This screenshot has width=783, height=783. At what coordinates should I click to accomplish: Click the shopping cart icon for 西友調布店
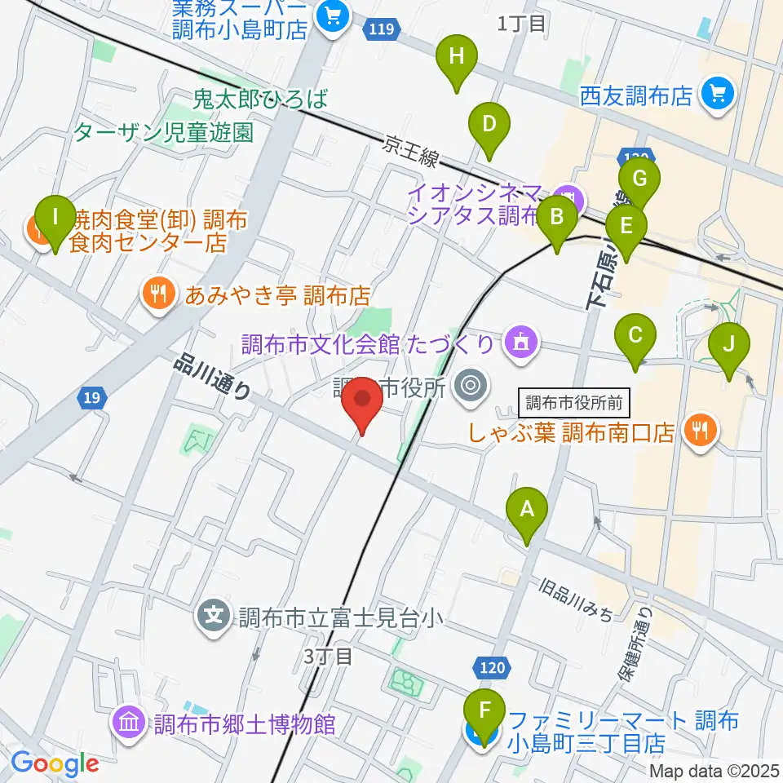(719, 95)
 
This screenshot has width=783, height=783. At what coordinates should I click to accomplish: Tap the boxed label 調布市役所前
(574, 401)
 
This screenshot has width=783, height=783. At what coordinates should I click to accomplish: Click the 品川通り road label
(213, 378)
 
